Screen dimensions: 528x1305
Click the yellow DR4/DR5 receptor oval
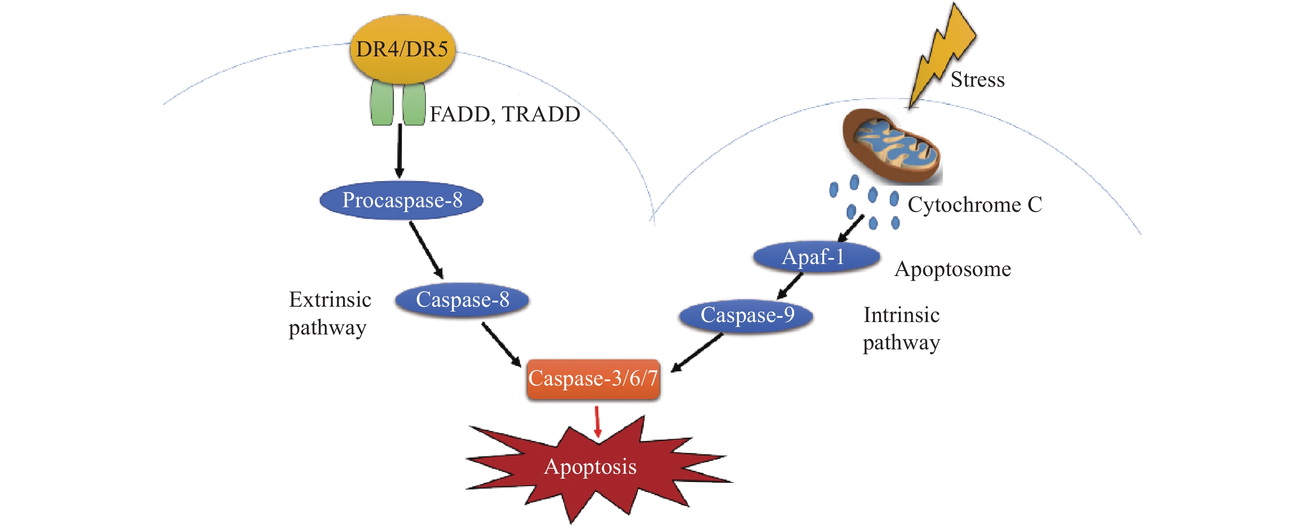coord(402,49)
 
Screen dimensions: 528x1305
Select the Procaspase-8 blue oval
coord(401,200)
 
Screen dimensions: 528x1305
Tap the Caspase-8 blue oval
coord(462,300)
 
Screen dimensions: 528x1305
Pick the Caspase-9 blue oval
coord(746,315)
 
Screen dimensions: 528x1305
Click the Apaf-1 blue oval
coord(816,257)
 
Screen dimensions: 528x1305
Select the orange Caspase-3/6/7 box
coord(593,378)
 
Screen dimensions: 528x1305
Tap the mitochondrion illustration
coord(892,147)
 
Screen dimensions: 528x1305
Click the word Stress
coord(977,80)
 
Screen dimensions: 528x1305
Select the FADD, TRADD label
coord(505,114)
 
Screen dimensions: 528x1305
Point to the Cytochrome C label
coord(974,205)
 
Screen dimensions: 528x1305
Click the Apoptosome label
coord(952,269)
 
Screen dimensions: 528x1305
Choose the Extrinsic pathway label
coord(329,313)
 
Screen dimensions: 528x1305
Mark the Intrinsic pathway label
coord(901,328)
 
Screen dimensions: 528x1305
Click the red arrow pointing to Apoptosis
coord(597,421)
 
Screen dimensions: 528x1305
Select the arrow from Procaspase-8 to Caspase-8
coord(426,250)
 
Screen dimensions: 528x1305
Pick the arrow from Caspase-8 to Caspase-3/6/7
coord(501,344)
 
